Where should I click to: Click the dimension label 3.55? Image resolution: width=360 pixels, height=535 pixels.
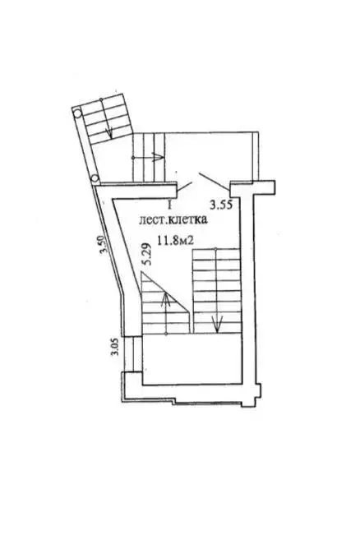point(221,205)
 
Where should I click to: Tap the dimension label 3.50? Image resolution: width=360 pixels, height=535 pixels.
point(103,245)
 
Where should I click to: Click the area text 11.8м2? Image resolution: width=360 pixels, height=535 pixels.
point(175,241)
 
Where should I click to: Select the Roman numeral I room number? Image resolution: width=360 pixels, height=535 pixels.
point(169,205)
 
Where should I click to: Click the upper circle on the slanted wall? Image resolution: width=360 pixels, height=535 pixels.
point(77,113)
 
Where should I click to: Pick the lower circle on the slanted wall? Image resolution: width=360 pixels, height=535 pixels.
point(95,178)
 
